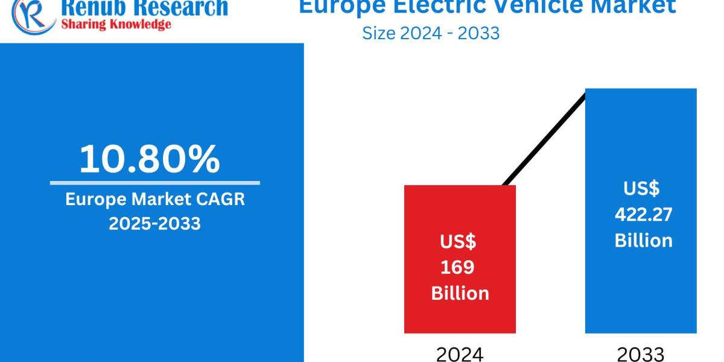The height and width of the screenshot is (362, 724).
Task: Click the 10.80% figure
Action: (x=150, y=159)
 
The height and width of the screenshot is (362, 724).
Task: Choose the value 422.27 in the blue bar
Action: (x=643, y=214)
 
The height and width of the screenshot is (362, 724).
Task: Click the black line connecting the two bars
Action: (x=543, y=139)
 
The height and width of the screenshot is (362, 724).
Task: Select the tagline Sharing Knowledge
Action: (x=115, y=24)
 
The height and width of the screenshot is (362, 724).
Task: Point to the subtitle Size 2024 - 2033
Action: (x=431, y=33)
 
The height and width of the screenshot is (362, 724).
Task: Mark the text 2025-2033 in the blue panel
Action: (x=154, y=223)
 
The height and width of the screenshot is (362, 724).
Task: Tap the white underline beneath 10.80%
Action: (x=154, y=183)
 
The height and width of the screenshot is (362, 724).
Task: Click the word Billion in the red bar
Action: (x=460, y=293)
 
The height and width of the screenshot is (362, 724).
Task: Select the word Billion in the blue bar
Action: (x=643, y=240)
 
